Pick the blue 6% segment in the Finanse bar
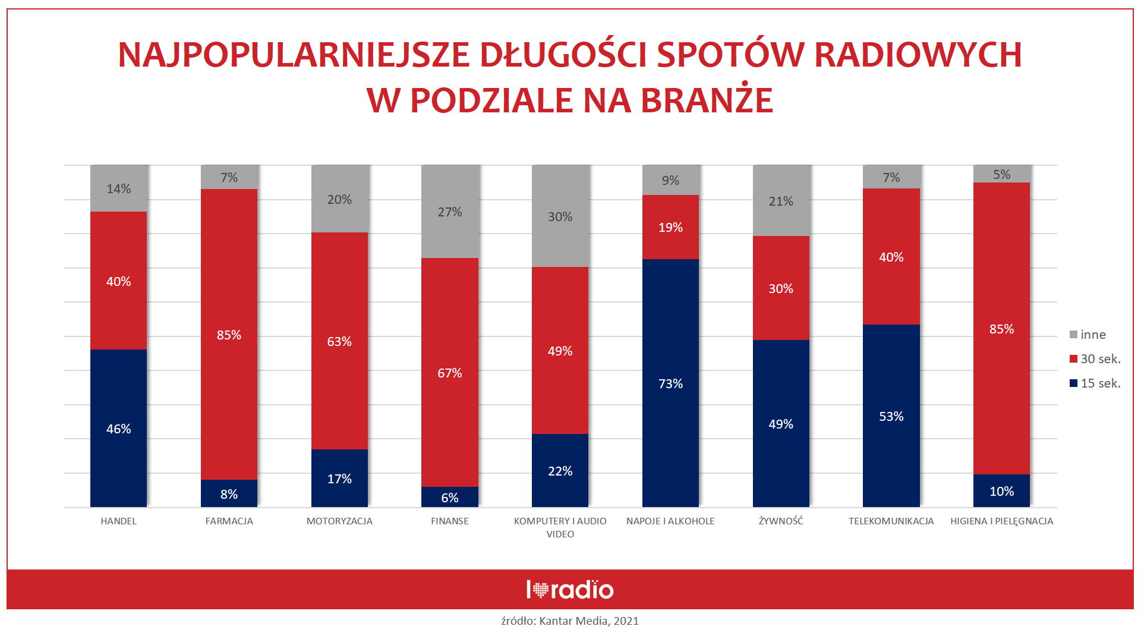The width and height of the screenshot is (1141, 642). pyautogui.click(x=450, y=497)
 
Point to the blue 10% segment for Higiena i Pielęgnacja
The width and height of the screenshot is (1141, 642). pyautogui.click(x=1001, y=491)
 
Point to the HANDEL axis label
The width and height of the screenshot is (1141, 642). pyautogui.click(x=118, y=521)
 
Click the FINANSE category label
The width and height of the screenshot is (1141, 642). pyautogui.click(x=450, y=521)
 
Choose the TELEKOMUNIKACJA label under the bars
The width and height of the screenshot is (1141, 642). pyautogui.click(x=891, y=521)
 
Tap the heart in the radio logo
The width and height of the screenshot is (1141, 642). pyautogui.click(x=540, y=590)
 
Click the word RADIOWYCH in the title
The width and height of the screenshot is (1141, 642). pyautogui.click(x=918, y=55)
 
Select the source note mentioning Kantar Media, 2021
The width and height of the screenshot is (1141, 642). pyautogui.click(x=570, y=621)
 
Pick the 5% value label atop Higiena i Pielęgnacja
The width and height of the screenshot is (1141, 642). pyautogui.click(x=1001, y=174)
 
